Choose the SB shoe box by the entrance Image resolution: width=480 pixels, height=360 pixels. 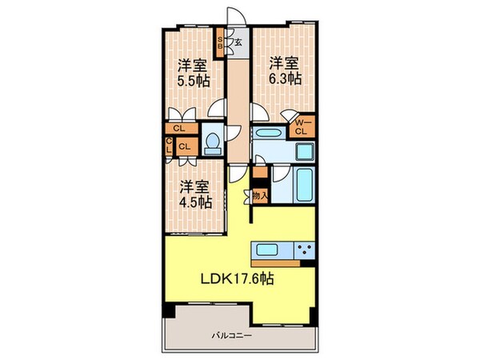point(220,41)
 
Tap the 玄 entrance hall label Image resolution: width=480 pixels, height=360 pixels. point(238,42)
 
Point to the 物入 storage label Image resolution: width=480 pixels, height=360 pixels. point(258,194)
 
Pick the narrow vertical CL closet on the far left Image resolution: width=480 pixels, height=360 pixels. point(169,146)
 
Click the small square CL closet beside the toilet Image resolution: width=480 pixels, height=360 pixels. point(184,146)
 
